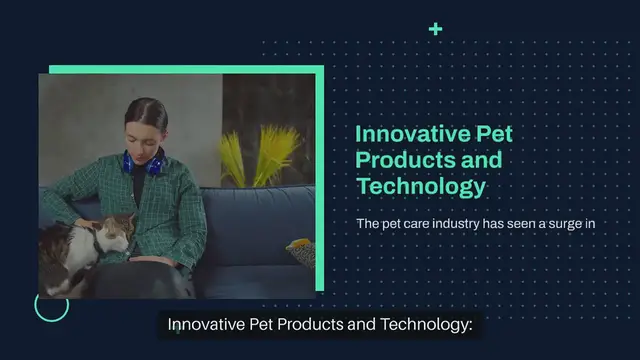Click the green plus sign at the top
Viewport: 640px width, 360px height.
pyautogui.click(x=435, y=29)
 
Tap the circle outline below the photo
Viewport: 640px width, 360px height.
pyautogui.click(x=51, y=305)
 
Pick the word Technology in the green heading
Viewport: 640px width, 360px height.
pyautogui.click(x=420, y=186)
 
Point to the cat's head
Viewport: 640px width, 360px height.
pyautogui.click(x=114, y=231)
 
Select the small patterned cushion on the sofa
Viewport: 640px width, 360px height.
pyautogui.click(x=300, y=250)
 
